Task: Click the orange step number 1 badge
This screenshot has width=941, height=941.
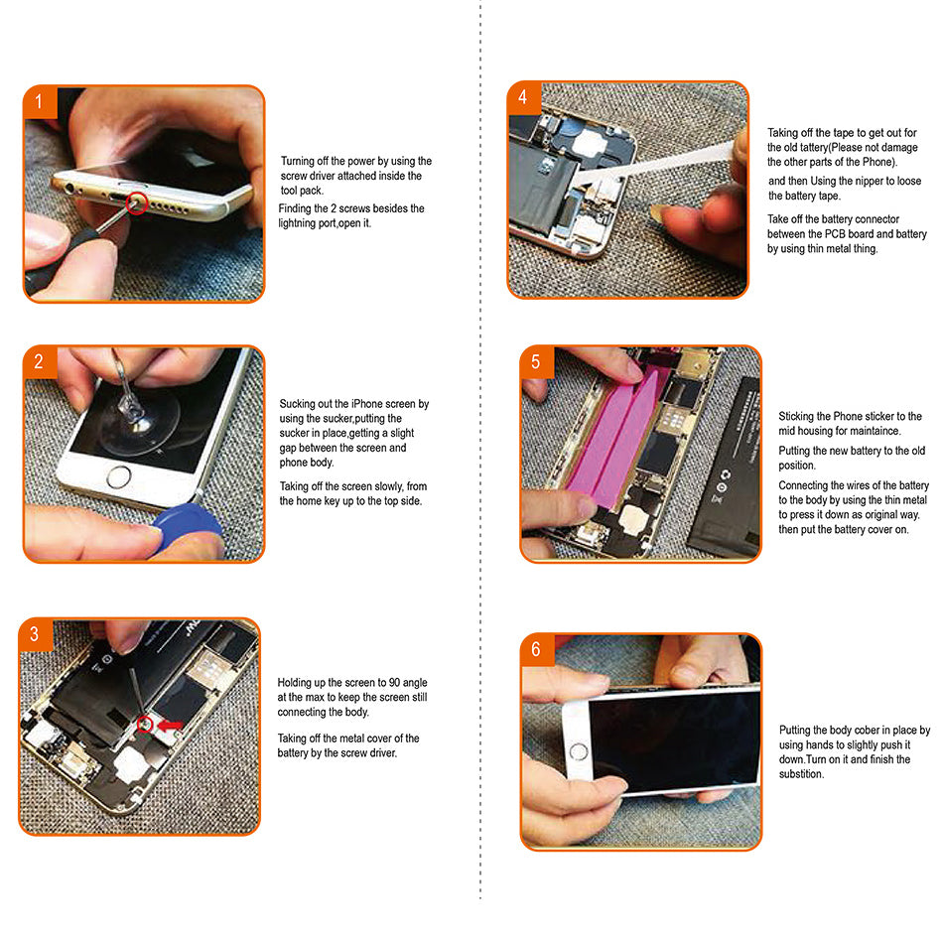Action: (40, 102)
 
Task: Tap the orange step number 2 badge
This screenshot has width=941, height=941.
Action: (40, 362)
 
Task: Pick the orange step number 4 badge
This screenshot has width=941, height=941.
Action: (523, 98)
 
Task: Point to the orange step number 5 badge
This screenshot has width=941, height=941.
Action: (536, 362)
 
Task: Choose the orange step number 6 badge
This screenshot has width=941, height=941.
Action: (536, 650)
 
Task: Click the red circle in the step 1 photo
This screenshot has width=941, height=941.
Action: (136, 204)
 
